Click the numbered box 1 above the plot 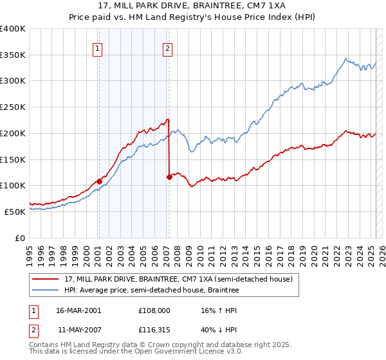(98, 48)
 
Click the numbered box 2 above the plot (167, 48)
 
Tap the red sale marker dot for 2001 (99, 181)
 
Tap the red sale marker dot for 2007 (169, 177)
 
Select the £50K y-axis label (15, 212)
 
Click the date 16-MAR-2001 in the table (78, 309)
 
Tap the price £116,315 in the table (155, 330)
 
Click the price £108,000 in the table (155, 309)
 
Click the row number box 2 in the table (33, 330)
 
